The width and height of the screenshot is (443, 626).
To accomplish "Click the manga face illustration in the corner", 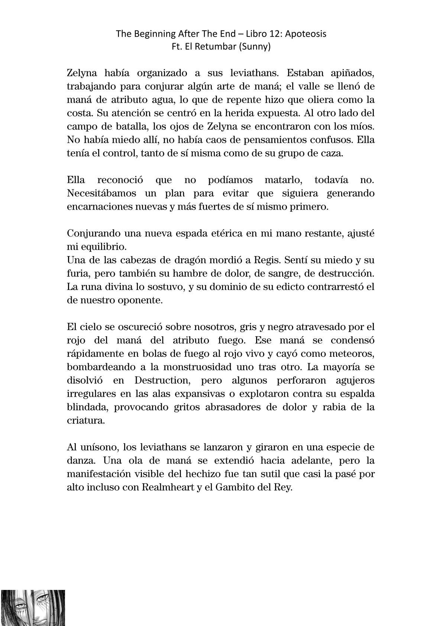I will click(33, 607).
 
